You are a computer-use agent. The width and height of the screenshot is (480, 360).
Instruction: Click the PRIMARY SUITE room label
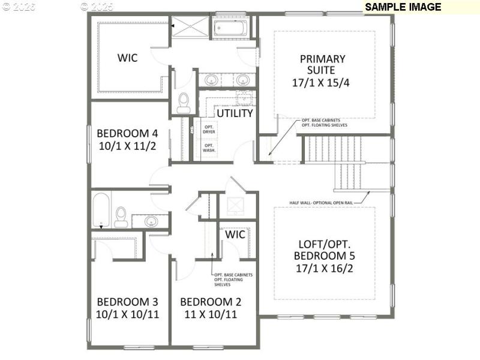pos(322,65)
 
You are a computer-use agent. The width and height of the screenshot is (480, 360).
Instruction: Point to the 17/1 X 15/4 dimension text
pos(321,83)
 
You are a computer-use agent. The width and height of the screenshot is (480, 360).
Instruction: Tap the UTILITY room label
pos(234,113)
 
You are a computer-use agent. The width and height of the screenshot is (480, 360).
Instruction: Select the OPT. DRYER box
pos(209,130)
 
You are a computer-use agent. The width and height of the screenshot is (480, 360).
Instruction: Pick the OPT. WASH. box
pos(209,148)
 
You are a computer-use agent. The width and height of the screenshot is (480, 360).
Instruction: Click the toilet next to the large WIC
pos(184,103)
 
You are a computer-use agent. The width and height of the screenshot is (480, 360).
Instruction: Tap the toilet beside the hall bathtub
pos(121,217)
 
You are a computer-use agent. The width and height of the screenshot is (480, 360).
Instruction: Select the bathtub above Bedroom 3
pos(101,209)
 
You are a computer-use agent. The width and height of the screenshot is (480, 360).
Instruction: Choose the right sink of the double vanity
pos(242,79)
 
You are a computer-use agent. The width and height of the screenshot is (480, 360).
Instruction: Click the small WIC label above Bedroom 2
pos(235,234)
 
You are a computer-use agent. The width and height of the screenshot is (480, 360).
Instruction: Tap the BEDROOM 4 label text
pos(127,133)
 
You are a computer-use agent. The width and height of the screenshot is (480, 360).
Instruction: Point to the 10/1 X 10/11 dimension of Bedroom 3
pos(127,314)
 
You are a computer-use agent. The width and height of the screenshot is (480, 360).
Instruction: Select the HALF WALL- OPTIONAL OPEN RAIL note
pos(320,203)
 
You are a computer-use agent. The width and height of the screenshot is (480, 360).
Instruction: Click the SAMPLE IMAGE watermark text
pos(403,7)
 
